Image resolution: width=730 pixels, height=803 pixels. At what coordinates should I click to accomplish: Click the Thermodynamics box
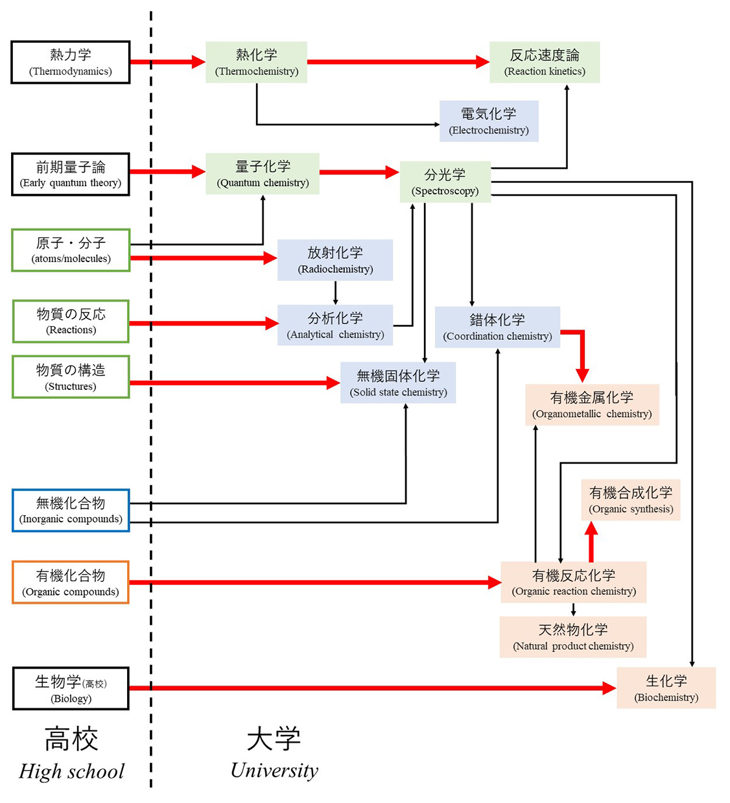click(71, 62)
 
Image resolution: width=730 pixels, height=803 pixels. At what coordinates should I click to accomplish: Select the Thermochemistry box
click(256, 62)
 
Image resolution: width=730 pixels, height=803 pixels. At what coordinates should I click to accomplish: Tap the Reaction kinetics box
click(545, 62)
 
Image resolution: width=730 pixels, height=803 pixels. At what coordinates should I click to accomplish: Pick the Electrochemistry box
click(489, 121)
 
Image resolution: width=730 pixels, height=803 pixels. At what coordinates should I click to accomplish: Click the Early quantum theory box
click(71, 174)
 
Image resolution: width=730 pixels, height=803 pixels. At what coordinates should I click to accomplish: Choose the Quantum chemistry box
click(263, 174)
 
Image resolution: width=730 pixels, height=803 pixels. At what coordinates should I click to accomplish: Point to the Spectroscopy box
click(445, 182)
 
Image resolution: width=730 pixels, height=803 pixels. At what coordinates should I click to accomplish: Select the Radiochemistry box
click(335, 259)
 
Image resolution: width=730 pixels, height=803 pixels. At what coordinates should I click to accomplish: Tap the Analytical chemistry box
click(335, 325)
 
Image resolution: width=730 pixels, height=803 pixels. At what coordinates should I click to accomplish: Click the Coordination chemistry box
click(497, 327)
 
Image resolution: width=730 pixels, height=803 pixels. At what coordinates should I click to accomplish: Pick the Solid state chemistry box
click(398, 383)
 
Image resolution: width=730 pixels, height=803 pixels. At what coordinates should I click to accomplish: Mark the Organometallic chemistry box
click(592, 405)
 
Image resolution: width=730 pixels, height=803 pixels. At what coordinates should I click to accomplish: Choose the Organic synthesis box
click(631, 500)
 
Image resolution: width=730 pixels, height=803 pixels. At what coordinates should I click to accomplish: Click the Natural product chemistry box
click(573, 637)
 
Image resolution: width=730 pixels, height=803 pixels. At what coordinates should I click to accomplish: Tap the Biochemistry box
click(666, 688)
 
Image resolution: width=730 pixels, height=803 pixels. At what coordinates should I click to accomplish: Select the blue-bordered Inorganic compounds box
click(71, 510)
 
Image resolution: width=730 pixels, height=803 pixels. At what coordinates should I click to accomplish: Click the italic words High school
click(71, 771)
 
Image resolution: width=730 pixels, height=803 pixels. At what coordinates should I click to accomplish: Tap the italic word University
click(274, 770)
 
